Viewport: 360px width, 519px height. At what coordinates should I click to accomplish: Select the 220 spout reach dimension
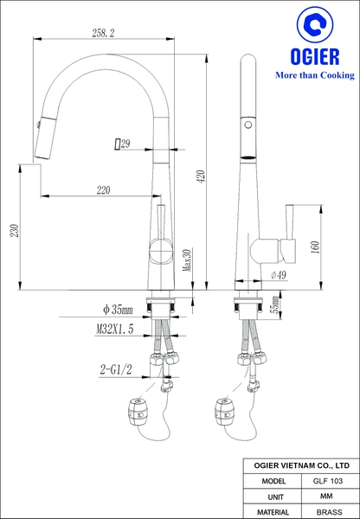tap(103, 189)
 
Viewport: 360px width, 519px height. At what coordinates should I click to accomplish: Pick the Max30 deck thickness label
tap(186, 259)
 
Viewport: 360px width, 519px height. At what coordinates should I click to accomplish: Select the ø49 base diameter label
tap(279, 274)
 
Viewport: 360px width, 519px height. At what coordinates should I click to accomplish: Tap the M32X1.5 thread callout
tap(115, 330)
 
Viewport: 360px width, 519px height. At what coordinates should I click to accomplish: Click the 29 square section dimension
tap(121, 144)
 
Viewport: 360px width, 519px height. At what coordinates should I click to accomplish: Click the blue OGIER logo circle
tap(313, 29)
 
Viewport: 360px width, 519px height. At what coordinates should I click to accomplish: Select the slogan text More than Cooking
tap(314, 76)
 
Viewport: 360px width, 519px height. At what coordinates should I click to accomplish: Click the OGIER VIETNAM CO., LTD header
tap(300, 465)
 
